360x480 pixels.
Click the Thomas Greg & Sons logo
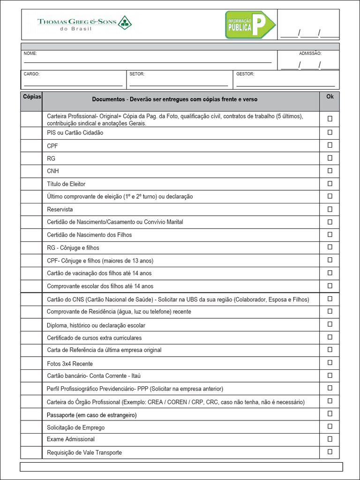tap(84, 23)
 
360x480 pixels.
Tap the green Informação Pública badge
tap(250, 25)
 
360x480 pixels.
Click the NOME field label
tap(30, 54)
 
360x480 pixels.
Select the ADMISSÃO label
tap(310, 54)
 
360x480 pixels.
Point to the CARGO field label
tap(31, 74)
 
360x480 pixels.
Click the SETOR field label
tap(137, 74)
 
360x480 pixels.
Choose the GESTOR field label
tap(245, 74)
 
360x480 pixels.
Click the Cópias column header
tap(32, 97)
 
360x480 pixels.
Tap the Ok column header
tap(330, 97)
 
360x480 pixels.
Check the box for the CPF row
tap(330, 145)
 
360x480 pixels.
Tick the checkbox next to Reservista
tap(330, 209)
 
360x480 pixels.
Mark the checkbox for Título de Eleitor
tap(330, 183)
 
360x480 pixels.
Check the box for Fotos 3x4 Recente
tap(330, 363)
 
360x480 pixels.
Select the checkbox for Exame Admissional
tap(330, 439)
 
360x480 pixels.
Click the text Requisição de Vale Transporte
tap(84, 453)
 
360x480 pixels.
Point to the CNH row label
tap(53, 171)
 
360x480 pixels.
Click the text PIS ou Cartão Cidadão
tap(75, 133)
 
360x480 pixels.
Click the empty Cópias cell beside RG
tap(31, 158)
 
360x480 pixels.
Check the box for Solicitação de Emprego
tap(330, 426)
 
